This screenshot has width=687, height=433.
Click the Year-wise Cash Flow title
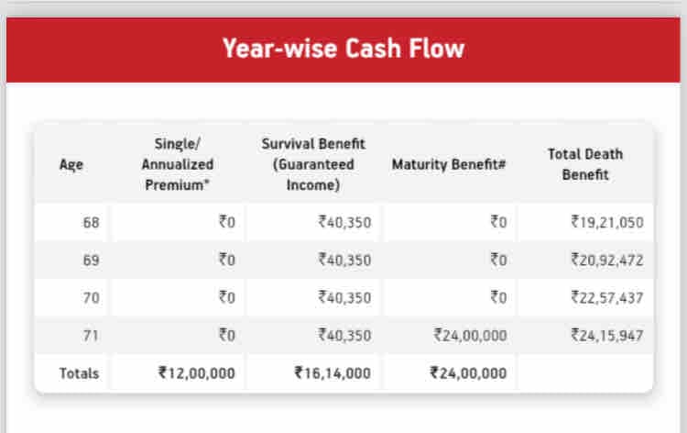(x=343, y=49)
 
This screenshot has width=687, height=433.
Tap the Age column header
(x=71, y=165)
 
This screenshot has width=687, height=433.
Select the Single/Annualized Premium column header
(x=178, y=164)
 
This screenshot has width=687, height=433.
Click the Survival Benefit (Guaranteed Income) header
(x=312, y=164)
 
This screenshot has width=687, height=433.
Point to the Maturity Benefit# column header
(x=449, y=165)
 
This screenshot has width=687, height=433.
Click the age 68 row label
(x=92, y=222)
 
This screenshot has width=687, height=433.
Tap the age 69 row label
(x=92, y=260)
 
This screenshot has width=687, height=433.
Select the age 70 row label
(x=92, y=297)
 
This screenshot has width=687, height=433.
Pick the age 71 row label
(x=92, y=335)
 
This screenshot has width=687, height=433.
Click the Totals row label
(x=79, y=373)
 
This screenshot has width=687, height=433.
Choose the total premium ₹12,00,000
(x=196, y=373)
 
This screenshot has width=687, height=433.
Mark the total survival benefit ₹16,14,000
(x=333, y=373)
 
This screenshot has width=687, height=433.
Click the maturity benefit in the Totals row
(x=468, y=373)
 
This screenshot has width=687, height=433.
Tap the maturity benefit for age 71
(x=470, y=335)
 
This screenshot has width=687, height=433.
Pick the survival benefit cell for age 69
(x=344, y=260)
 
